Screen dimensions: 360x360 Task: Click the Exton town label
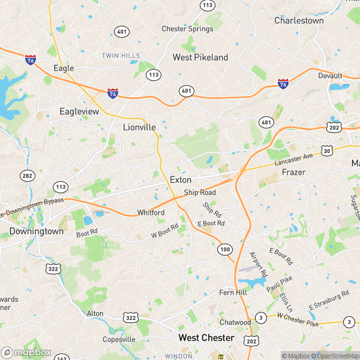pos(181,179)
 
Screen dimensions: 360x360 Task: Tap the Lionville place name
pos(139,127)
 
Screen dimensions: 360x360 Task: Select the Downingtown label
pos(36,231)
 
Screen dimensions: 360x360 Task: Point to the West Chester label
pos(206,338)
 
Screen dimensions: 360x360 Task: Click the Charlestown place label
pos(299,20)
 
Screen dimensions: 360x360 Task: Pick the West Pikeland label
pos(200,58)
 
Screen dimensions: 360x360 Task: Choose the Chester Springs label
pos(187,29)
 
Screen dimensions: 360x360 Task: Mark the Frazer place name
pos(293,172)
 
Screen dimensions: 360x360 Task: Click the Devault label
pos(330,76)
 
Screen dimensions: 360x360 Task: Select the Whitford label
pos(151,213)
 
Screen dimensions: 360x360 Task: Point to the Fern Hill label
pos(233,293)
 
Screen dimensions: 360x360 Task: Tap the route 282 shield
pos(26,175)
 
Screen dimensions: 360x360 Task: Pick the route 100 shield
pos(225,249)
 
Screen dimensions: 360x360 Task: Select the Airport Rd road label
pos(257,264)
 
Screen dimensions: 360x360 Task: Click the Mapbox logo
pos(26,352)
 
